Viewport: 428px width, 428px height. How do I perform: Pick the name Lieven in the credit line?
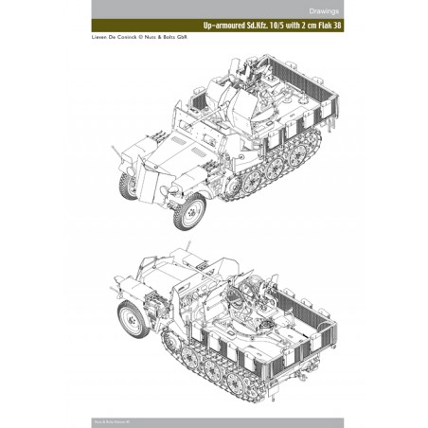pyautogui.click(x=71, y=53)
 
